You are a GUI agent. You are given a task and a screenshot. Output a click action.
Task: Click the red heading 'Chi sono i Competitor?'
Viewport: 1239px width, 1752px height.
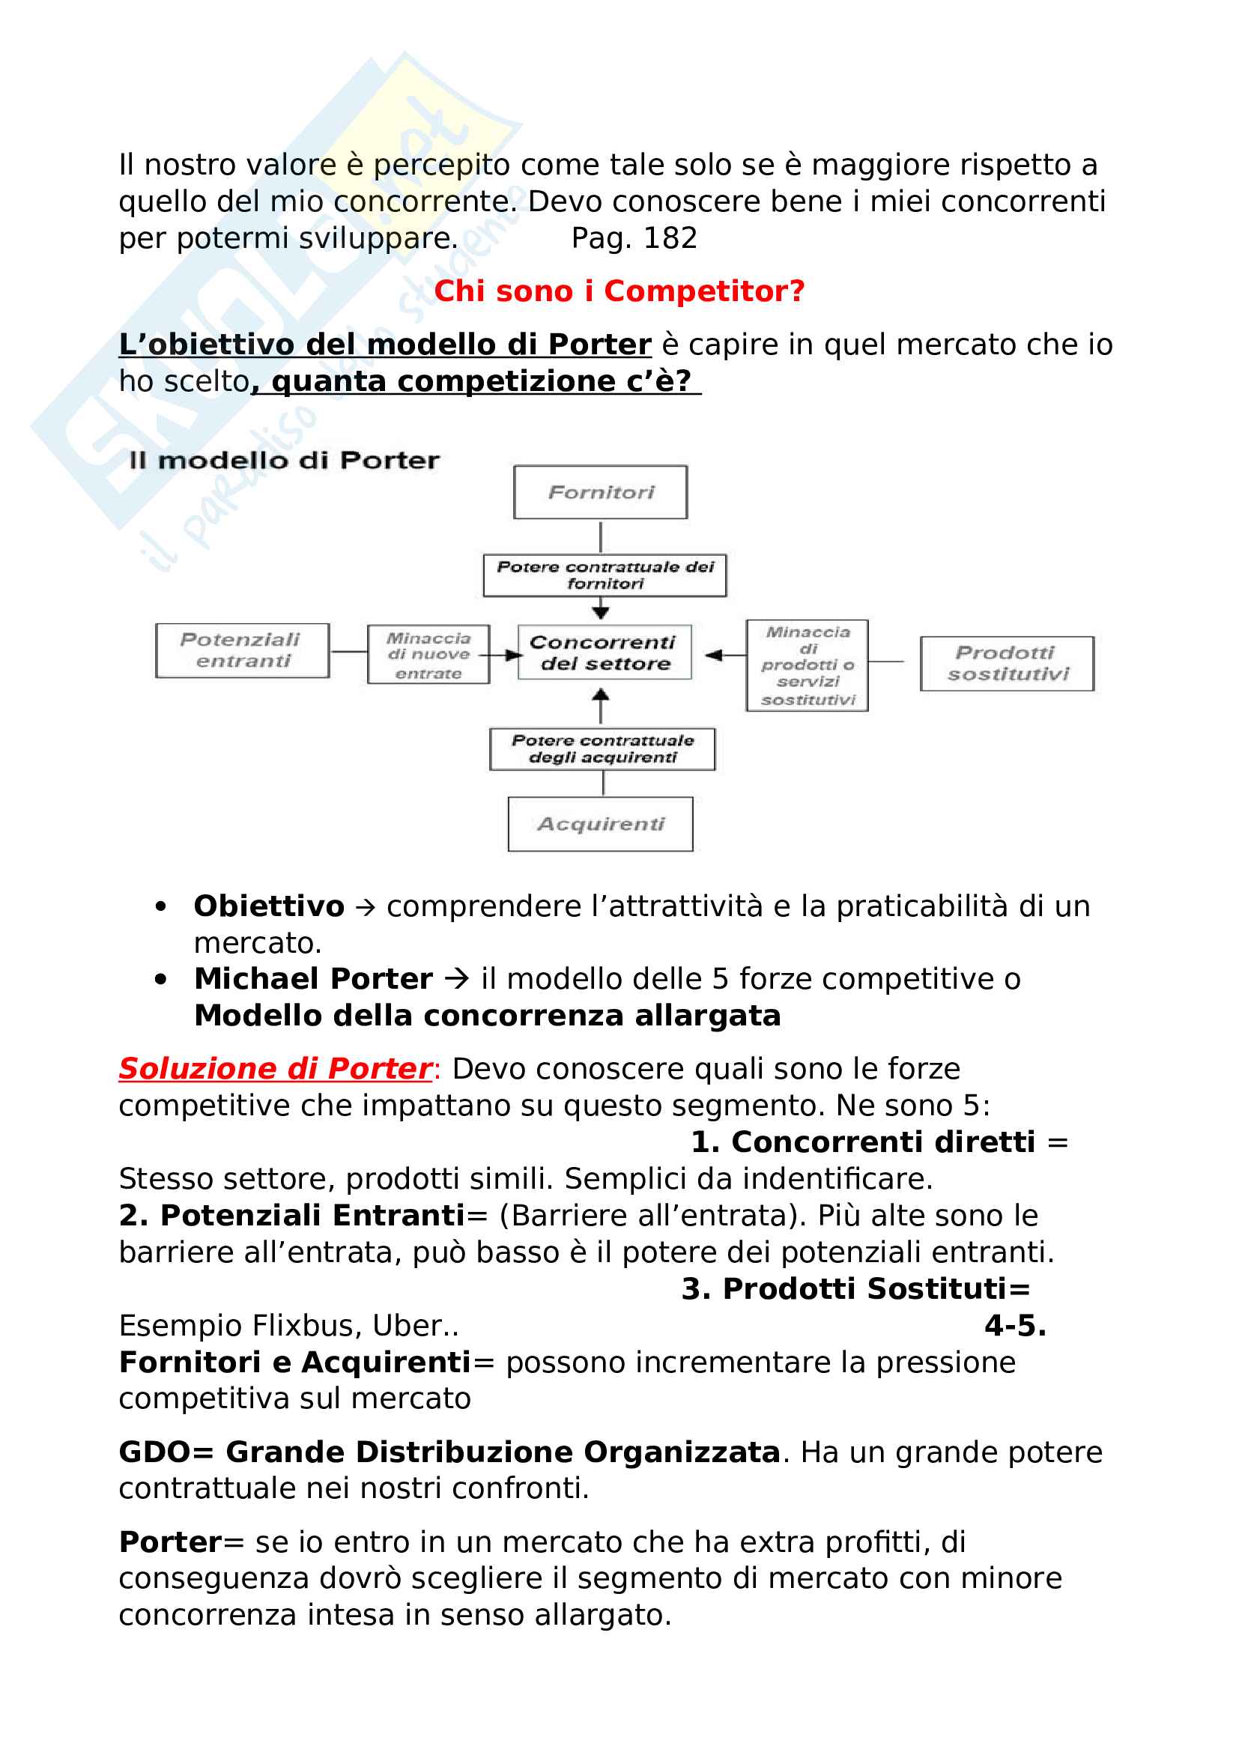619,291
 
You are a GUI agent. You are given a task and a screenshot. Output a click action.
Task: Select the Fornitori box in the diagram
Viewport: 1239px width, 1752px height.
601,492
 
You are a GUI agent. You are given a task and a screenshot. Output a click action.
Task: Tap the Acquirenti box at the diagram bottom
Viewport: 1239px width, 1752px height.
601,824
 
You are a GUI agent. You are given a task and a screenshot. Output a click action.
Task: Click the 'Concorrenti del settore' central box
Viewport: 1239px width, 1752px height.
605,652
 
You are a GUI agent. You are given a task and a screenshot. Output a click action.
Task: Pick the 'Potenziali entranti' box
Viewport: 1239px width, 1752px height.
242,650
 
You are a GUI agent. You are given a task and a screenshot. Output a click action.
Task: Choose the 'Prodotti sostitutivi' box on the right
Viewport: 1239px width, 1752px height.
1007,663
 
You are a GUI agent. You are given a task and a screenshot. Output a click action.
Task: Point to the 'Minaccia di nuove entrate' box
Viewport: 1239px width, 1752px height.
428,655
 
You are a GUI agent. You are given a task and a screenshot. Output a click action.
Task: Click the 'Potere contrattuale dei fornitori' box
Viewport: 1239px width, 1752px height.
605,575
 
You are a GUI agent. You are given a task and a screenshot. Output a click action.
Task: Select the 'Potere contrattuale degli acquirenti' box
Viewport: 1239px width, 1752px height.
603,748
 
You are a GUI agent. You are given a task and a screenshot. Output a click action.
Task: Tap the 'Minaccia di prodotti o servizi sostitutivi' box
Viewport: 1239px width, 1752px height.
808,665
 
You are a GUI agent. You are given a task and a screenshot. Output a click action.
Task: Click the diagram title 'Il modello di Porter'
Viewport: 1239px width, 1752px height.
285,460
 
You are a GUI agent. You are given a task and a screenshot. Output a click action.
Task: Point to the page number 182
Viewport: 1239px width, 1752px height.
670,239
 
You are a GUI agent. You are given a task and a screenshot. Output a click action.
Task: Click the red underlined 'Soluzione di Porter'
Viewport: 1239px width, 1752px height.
276,1068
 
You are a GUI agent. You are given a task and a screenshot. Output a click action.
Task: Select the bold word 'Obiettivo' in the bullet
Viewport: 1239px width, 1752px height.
269,906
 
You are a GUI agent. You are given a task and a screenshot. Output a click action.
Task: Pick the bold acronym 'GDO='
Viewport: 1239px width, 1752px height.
166,1452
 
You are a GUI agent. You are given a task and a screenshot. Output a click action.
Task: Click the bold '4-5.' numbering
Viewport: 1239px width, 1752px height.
1015,1327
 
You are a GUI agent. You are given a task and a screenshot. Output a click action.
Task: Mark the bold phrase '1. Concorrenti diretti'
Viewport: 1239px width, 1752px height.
863,1142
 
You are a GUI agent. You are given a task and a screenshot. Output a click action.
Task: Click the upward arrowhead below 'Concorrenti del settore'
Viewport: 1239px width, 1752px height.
602,694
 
